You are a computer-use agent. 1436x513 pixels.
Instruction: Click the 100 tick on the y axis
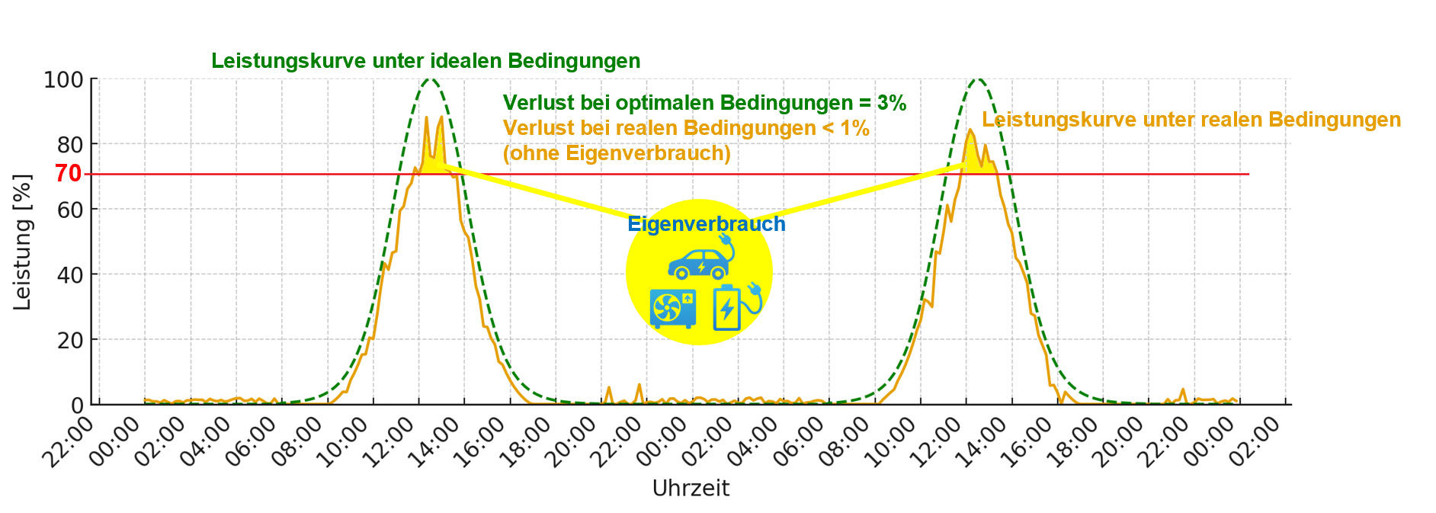(x=63, y=80)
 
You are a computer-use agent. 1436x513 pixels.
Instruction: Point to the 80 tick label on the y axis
(x=70, y=145)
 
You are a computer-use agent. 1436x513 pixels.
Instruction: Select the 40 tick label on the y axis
(x=70, y=275)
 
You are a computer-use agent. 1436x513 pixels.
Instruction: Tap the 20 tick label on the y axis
(x=70, y=341)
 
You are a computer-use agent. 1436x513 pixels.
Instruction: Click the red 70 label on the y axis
(x=68, y=174)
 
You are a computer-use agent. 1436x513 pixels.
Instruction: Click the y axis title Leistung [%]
(x=23, y=242)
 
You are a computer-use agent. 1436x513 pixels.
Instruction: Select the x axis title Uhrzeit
(x=691, y=489)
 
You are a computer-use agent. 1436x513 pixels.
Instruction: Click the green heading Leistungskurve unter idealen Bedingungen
(x=425, y=61)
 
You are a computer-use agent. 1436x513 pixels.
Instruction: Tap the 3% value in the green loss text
(x=891, y=103)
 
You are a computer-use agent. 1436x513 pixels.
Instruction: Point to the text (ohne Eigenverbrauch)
(x=617, y=153)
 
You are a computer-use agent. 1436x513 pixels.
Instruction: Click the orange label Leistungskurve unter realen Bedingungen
(x=1191, y=120)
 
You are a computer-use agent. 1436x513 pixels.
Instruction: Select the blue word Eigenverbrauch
(x=706, y=224)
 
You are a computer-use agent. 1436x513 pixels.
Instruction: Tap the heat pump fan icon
(x=672, y=309)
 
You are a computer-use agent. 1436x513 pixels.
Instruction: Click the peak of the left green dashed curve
(x=429, y=79)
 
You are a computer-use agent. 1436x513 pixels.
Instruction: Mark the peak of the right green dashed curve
(x=976, y=79)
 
